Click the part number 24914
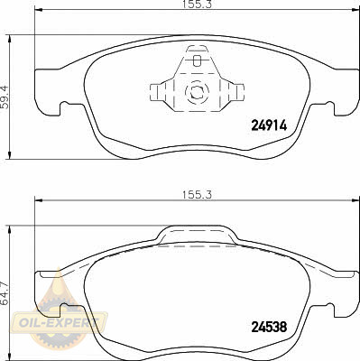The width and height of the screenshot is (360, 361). click(269, 125)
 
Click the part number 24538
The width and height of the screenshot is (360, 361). click(269, 327)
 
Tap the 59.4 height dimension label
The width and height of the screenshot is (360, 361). click(5, 97)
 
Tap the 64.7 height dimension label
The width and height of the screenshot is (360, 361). click(5, 293)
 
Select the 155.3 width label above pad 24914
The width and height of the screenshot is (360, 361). click(198, 5)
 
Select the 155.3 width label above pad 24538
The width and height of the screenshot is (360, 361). click(198, 195)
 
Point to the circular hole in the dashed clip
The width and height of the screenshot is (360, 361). click(197, 90)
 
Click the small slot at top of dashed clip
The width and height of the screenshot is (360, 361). click(197, 60)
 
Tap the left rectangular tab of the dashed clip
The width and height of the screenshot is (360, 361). click(154, 92)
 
